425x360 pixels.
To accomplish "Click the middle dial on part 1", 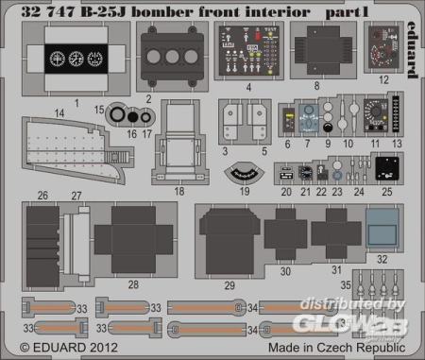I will [76, 58].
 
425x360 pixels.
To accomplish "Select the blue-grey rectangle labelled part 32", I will [382, 227].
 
